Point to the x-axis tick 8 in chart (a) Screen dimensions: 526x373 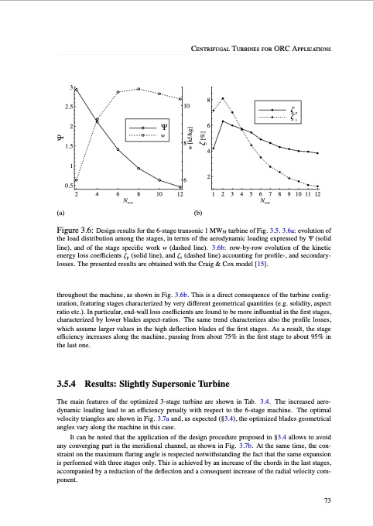(x=139, y=195)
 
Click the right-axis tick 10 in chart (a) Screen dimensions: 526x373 (x=187, y=104)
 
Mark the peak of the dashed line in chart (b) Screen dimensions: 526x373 (x=223, y=98)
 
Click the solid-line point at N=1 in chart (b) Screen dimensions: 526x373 (x=214, y=149)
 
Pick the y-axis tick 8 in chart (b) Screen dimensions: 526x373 (x=208, y=100)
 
